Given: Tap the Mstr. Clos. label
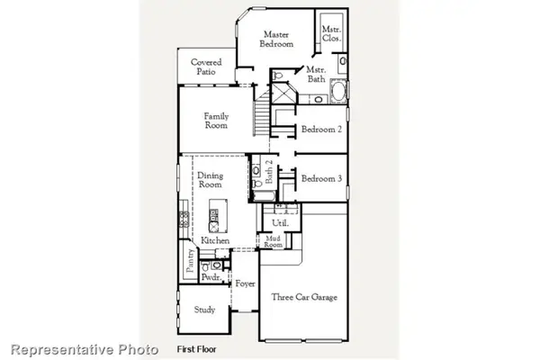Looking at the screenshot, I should click(x=330, y=34).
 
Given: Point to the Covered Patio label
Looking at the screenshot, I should click(x=207, y=67).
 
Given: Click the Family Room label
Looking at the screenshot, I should click(x=216, y=121).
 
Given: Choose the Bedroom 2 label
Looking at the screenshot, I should click(x=321, y=130).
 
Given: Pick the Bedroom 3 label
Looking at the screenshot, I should click(x=321, y=179).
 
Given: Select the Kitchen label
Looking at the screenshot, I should click(x=216, y=241).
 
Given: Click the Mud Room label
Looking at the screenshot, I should click(x=273, y=241).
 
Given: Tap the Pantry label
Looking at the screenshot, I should click(x=191, y=261).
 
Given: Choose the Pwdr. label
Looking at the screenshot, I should click(x=211, y=278).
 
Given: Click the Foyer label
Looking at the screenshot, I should click(x=246, y=284).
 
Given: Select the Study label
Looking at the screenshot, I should click(x=204, y=310).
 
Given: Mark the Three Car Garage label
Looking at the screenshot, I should click(x=304, y=297).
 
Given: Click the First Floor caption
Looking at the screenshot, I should click(x=195, y=347).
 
